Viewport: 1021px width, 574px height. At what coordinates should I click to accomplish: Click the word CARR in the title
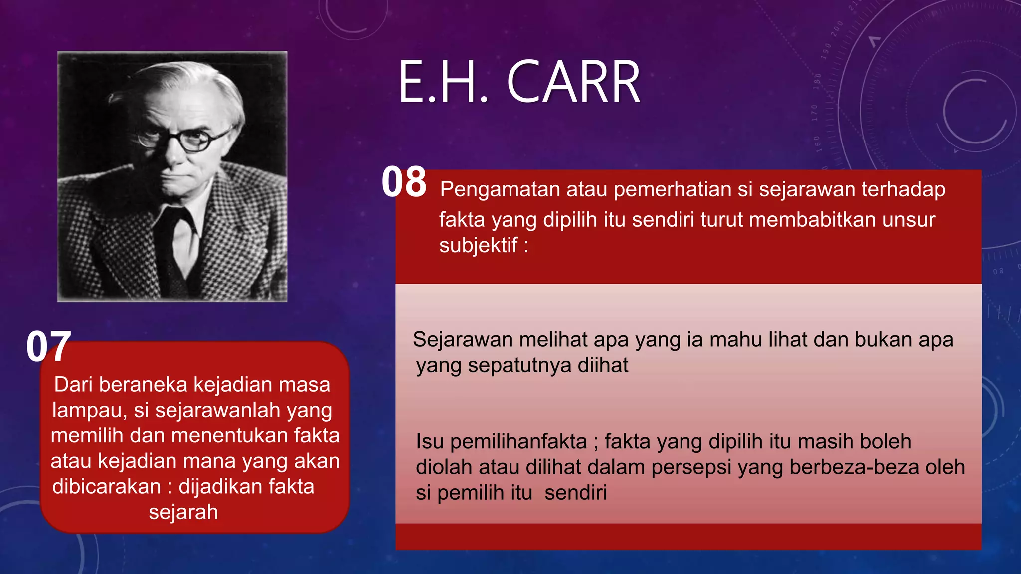click(x=573, y=82)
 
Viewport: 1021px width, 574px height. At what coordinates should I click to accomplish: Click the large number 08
click(x=404, y=182)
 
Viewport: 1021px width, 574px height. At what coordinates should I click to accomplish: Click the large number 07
click(x=48, y=347)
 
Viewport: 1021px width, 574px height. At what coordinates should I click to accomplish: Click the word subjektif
click(x=478, y=245)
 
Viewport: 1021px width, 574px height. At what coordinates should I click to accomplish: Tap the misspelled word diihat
click(x=603, y=365)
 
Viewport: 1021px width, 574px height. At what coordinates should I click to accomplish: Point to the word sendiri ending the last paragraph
click(x=576, y=493)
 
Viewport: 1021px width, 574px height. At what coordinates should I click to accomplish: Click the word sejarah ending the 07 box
click(x=183, y=512)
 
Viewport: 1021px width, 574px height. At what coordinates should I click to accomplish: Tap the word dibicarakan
click(x=106, y=487)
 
